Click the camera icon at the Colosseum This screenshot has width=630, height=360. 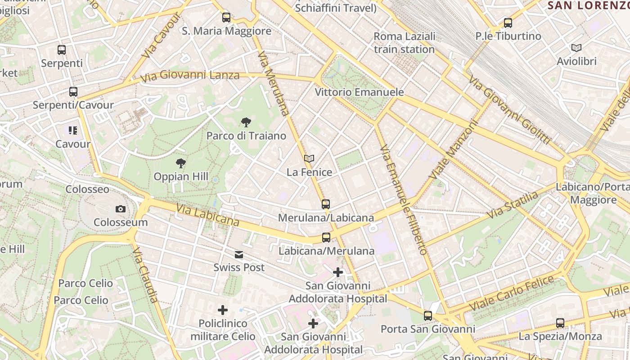pyautogui.click(x=121, y=209)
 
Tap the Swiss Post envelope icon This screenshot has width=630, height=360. pyautogui.click(x=239, y=255)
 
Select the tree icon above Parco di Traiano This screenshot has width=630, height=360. pyautogui.click(x=246, y=122)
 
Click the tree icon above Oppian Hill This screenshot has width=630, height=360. pyautogui.click(x=181, y=163)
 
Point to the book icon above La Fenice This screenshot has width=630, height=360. pyautogui.click(x=309, y=158)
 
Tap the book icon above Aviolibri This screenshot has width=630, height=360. pyautogui.click(x=576, y=48)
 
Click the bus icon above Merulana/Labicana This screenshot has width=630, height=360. pyautogui.click(x=326, y=204)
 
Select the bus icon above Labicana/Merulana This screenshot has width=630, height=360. pyautogui.click(x=326, y=238)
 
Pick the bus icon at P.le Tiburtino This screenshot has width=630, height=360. pyautogui.click(x=508, y=22)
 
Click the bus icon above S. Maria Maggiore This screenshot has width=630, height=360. pyautogui.click(x=226, y=18)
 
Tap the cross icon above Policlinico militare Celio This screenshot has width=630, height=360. pyautogui.click(x=223, y=310)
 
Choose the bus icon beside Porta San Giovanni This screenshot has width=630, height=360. pyautogui.click(x=428, y=316)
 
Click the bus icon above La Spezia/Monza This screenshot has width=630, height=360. pyautogui.click(x=560, y=323)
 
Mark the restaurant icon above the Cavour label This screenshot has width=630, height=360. pyautogui.click(x=73, y=131)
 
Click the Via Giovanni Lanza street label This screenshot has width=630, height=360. pyautogui.click(x=189, y=76)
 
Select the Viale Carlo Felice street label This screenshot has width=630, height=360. pyautogui.click(x=512, y=293)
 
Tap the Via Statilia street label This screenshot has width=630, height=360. pyautogui.click(x=513, y=205)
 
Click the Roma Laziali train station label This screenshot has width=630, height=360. pyautogui.click(x=404, y=42)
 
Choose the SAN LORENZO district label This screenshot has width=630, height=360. pyautogui.click(x=589, y=5)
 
